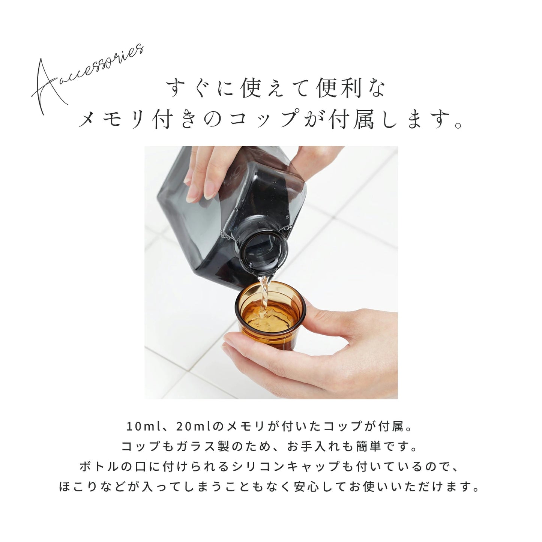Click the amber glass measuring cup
point(269,319)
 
